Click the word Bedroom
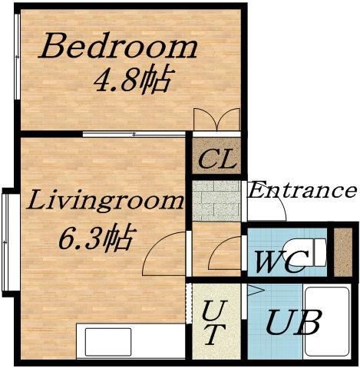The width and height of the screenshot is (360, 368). pyautogui.click(x=117, y=45)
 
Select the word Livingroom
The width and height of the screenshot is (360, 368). pyautogui.click(x=105, y=201)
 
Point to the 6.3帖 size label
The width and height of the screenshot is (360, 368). pyautogui.click(x=96, y=237)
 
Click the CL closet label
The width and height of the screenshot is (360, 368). pyautogui.click(x=217, y=159)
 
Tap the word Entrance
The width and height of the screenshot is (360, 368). pyautogui.click(x=302, y=189)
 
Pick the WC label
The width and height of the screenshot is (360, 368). pyautogui.click(x=282, y=261)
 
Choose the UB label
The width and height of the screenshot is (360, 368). pyautogui.click(x=292, y=322)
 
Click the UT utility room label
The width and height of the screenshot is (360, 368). pyautogui.click(x=214, y=323)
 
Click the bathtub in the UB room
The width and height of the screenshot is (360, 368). pyautogui.click(x=328, y=322)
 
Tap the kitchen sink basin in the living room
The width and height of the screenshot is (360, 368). pyautogui.click(x=108, y=342)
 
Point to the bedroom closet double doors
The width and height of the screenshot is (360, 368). pyautogui.click(x=217, y=119)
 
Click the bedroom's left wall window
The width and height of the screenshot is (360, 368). pyautogui.click(x=17, y=57)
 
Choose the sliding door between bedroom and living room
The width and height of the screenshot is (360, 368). pyautogui.click(x=134, y=134)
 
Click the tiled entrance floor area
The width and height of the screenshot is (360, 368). pyautogui.click(x=216, y=201)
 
